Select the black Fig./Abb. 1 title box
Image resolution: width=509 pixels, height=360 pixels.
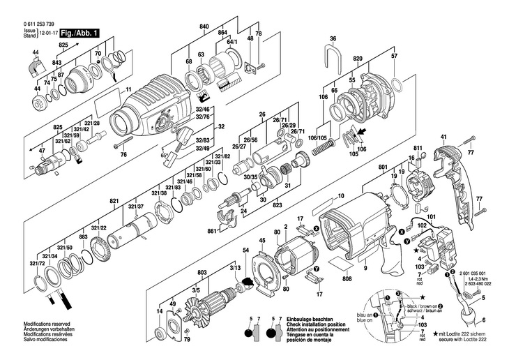point(79,33)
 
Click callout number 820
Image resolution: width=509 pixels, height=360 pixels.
point(358,59)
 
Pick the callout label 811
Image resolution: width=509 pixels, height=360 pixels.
point(418,149)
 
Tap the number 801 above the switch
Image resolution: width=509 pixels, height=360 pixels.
point(383,167)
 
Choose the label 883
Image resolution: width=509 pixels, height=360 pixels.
point(83,238)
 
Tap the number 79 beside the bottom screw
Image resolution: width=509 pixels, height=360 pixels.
point(186,340)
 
